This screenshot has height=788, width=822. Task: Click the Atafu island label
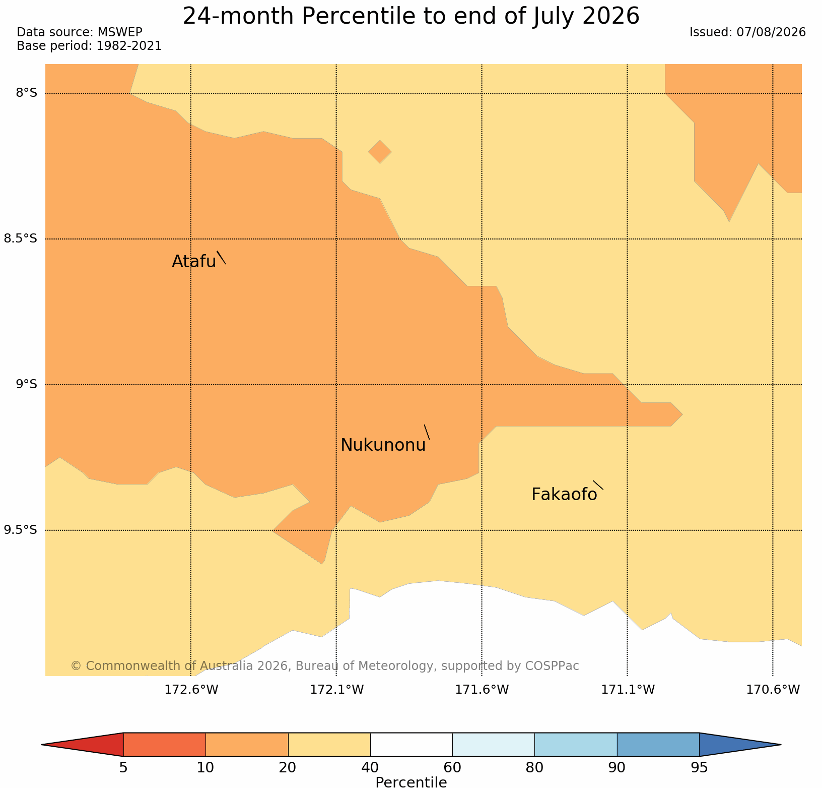tap(194, 262)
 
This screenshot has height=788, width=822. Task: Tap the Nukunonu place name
tap(383, 445)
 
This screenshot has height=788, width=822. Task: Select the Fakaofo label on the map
tap(564, 495)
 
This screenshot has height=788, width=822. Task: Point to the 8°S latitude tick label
tap(26, 93)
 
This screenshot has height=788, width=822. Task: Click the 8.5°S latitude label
tap(21, 238)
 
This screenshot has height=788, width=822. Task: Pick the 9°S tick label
tap(26, 384)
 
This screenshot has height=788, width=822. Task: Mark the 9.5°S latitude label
tap(21, 530)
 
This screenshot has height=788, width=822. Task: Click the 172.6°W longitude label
tap(191, 689)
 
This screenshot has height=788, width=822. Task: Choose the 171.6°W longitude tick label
tap(482, 689)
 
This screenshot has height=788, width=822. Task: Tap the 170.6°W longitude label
tap(773, 689)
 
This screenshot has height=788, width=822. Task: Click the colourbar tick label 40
tap(370, 768)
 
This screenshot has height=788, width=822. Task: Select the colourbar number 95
tap(699, 768)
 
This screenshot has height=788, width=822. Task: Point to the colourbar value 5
tap(123, 768)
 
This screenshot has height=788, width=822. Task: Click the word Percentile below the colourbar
tap(411, 782)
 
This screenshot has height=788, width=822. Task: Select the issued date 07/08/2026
tap(771, 32)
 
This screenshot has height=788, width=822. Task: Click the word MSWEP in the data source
tap(120, 32)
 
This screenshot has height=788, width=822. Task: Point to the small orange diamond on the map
tap(380, 152)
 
